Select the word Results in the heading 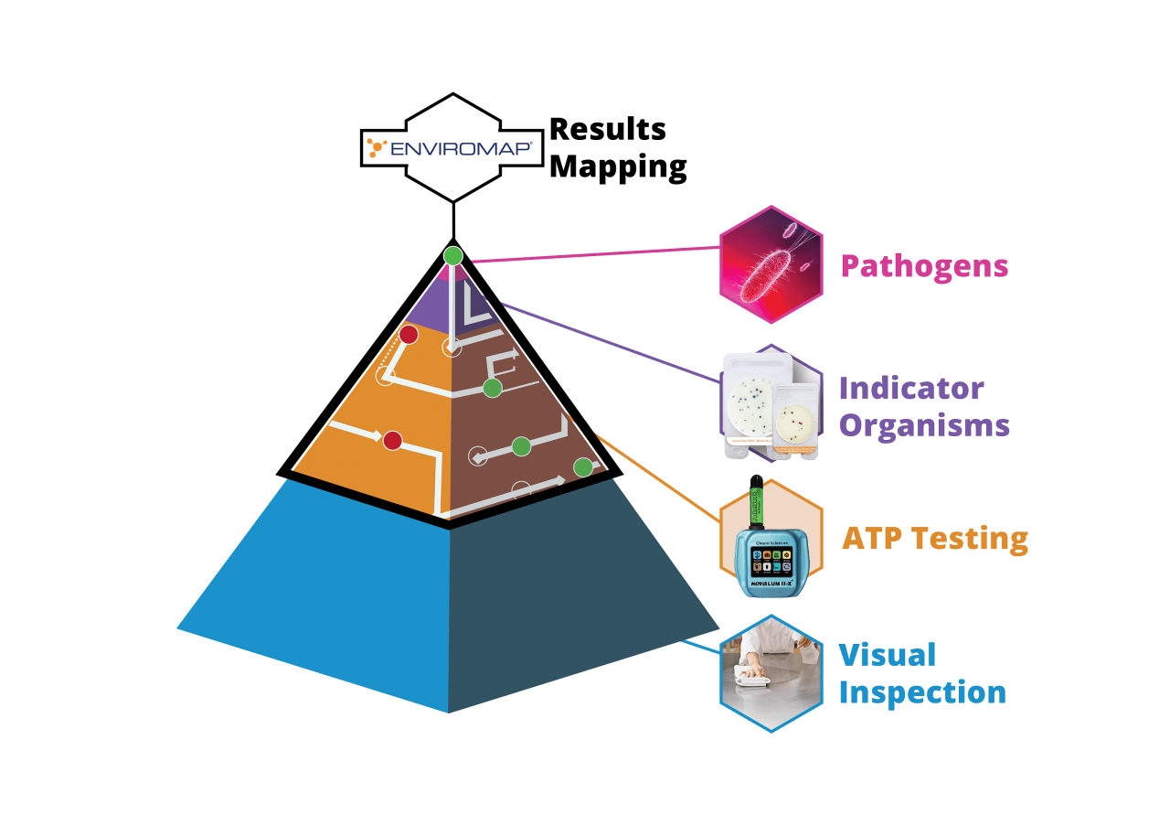point(607,130)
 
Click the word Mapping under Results point(619,166)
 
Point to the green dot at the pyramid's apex point(452,256)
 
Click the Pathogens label point(924,266)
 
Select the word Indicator point(911,389)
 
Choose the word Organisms point(924,425)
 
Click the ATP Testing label point(934,538)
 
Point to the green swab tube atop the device point(758,504)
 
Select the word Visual point(887,655)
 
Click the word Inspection point(922,692)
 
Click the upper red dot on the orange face point(409,335)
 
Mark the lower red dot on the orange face point(392,441)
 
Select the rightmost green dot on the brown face point(582,467)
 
